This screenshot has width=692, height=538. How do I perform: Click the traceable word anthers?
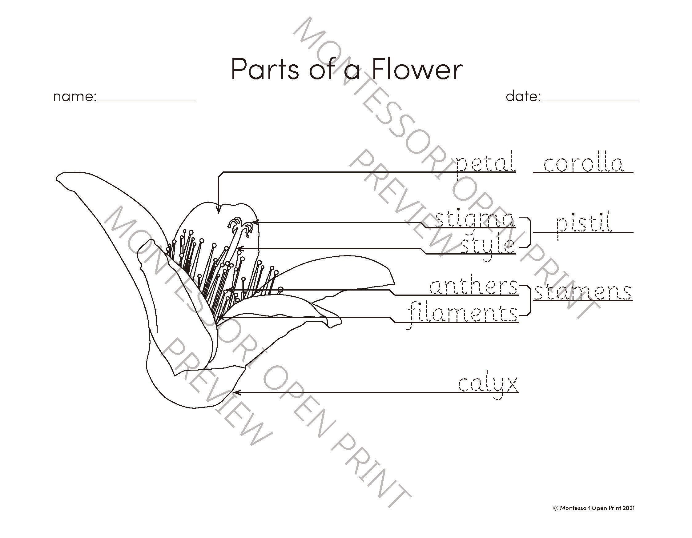tap(473, 287)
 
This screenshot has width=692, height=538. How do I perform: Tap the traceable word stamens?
tap(583, 292)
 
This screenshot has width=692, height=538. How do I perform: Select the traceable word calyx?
tap(488, 385)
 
